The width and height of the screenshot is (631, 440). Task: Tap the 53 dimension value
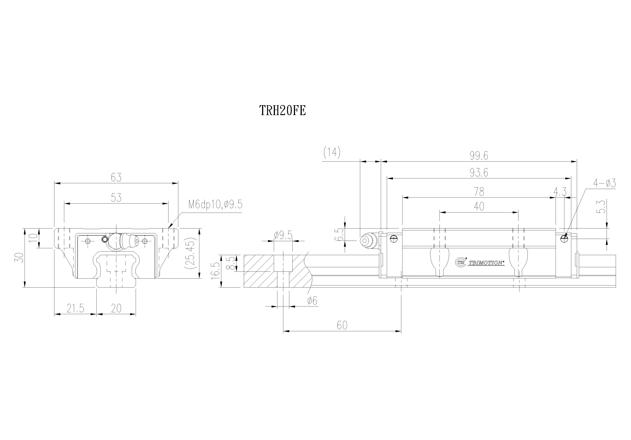116,197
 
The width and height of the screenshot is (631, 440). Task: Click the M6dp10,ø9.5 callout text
215,205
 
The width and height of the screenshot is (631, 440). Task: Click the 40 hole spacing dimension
479,206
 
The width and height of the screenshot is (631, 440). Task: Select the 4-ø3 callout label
604,183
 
